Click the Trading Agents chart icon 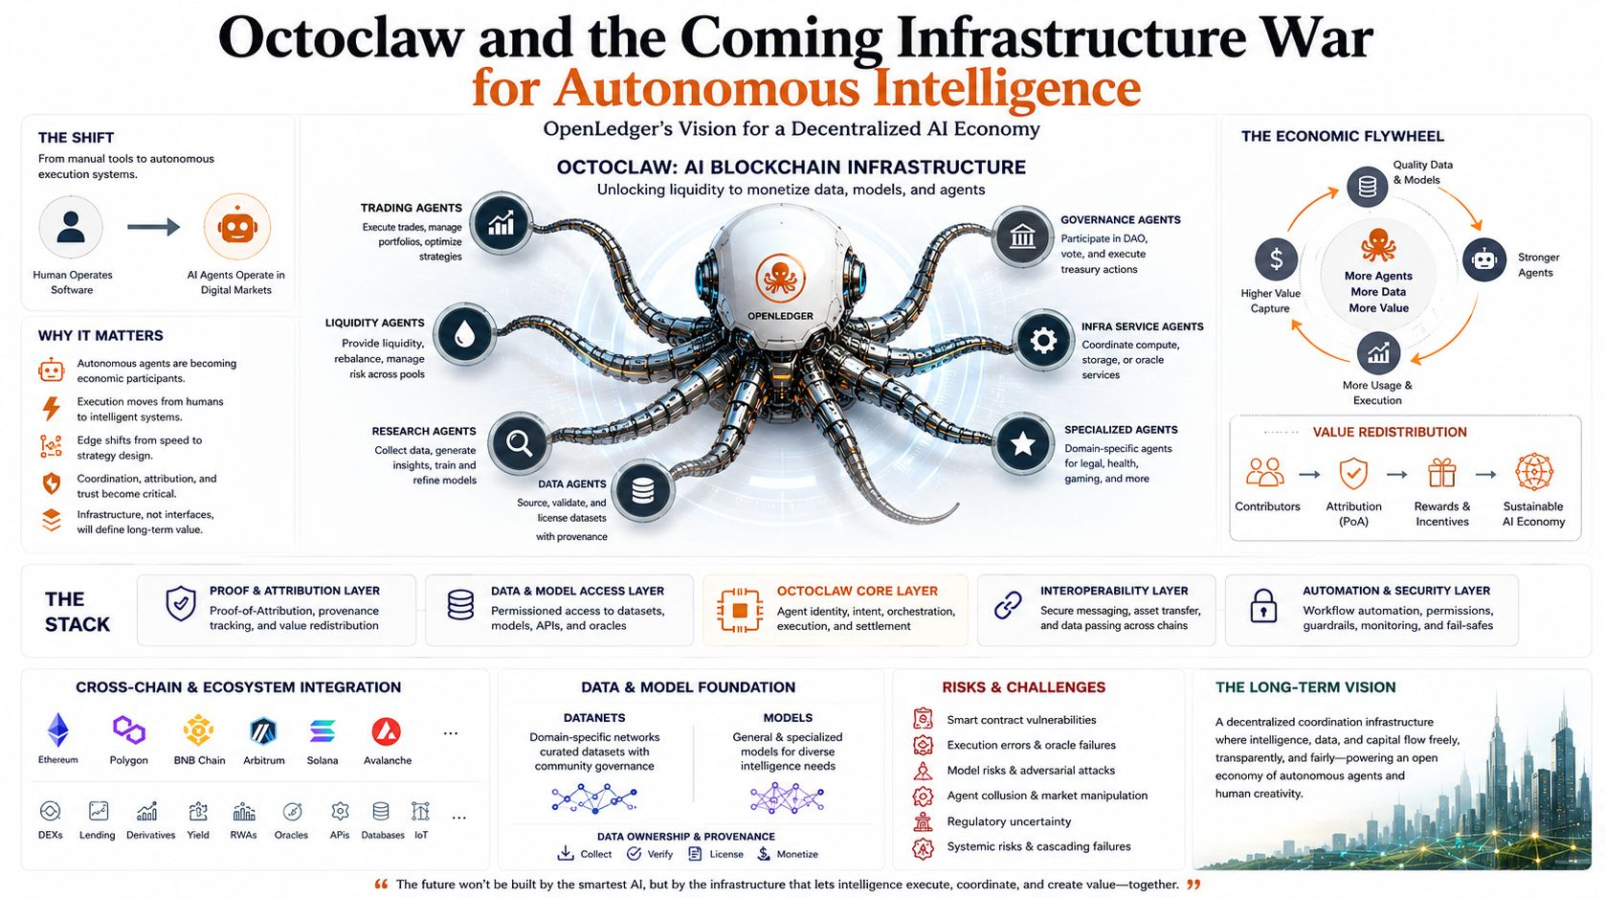click(x=501, y=223)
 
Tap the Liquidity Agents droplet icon click(x=464, y=334)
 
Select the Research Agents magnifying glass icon click(x=519, y=443)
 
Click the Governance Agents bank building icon click(x=1022, y=236)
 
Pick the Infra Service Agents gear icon click(x=1042, y=341)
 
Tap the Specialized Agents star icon click(x=1022, y=444)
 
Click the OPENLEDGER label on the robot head click(x=780, y=316)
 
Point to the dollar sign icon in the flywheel click(x=1276, y=258)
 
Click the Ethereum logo click(x=58, y=730)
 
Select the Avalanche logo click(x=387, y=731)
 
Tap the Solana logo click(x=323, y=731)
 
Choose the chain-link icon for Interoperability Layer click(x=1008, y=605)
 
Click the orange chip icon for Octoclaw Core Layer click(x=740, y=610)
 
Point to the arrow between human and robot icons click(x=153, y=227)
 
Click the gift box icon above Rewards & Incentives click(x=1441, y=473)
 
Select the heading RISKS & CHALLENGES click(x=1023, y=687)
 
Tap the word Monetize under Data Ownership click(x=797, y=854)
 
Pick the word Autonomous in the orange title click(x=705, y=88)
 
